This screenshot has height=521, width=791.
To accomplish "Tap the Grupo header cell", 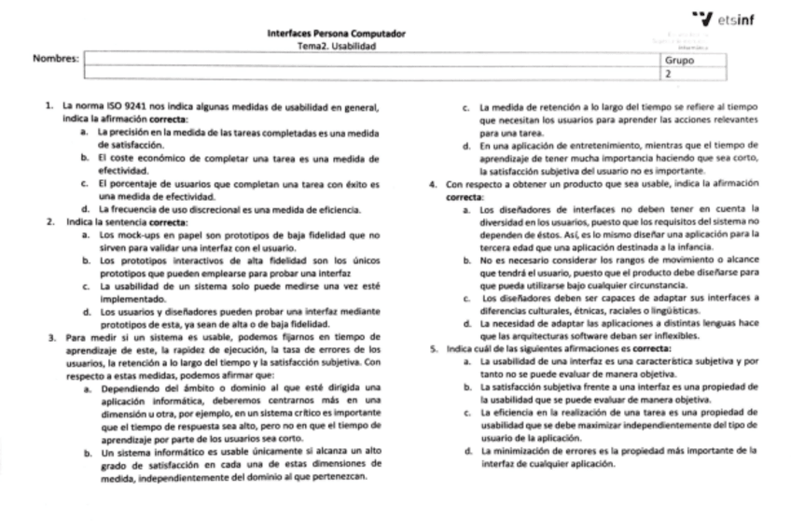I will click(x=680, y=59).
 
